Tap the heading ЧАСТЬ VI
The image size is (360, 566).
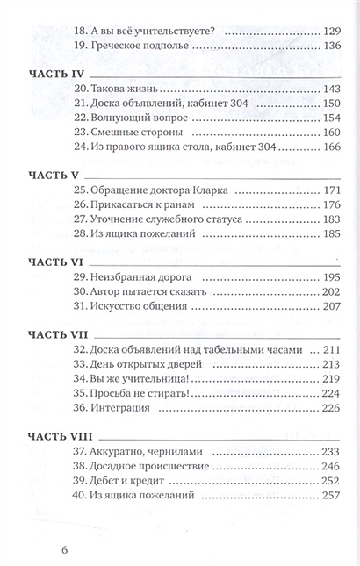[x=56, y=262]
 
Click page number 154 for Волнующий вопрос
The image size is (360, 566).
[x=331, y=118]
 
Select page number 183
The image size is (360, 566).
[x=331, y=219]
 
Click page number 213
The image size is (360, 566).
[x=331, y=364]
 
